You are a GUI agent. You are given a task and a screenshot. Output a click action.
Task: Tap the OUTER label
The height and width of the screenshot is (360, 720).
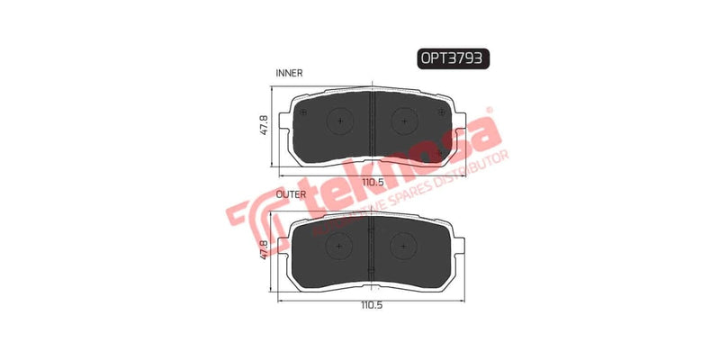pos(290,193)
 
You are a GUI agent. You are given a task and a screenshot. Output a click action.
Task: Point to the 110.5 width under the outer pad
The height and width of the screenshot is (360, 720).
pos(373,305)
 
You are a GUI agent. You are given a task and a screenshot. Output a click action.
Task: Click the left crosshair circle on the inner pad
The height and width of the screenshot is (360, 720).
pos(340,121)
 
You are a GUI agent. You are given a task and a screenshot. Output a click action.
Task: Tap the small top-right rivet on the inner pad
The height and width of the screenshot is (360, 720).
pos(441,112)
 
